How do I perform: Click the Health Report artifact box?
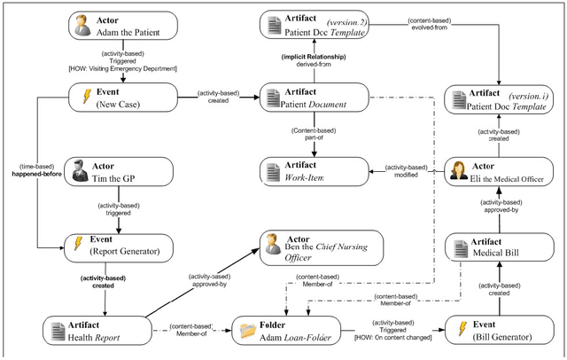click(93, 330)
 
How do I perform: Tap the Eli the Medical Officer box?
click(493, 171)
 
